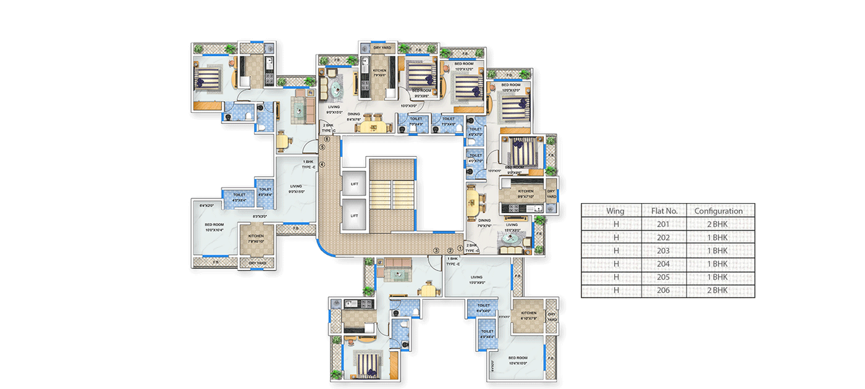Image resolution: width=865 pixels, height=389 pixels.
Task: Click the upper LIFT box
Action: click(x=354, y=184)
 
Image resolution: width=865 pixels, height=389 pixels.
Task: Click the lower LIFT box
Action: click(x=354, y=215)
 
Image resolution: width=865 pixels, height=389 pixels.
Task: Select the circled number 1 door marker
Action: click(x=460, y=249)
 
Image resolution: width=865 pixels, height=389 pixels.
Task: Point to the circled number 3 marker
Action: click(x=436, y=250)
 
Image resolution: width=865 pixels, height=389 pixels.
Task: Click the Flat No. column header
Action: click(x=664, y=211)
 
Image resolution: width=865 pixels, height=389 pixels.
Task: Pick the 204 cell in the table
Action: click(x=664, y=264)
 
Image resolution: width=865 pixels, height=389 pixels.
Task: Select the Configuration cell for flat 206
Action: click(x=718, y=290)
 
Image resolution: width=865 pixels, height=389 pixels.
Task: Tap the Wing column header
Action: click(x=615, y=211)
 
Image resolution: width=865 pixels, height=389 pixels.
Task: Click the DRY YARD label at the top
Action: click(x=381, y=48)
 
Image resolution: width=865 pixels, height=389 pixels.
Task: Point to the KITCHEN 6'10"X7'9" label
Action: click(x=528, y=315)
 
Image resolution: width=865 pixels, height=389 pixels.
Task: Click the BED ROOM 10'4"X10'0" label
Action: click(x=518, y=359)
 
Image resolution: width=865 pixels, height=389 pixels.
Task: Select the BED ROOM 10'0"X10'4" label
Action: click(x=214, y=227)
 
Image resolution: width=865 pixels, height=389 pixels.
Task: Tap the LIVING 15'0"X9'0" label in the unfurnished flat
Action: click(x=476, y=279)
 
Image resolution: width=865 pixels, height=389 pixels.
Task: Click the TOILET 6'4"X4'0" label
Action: click(x=483, y=307)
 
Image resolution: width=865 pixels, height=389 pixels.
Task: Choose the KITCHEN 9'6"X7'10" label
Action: click(x=525, y=193)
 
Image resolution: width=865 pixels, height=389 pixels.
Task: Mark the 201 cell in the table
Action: click(x=664, y=224)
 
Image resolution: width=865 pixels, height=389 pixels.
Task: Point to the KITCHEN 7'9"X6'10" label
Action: click(x=256, y=238)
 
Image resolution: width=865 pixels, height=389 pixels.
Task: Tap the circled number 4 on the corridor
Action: click(x=321, y=163)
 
